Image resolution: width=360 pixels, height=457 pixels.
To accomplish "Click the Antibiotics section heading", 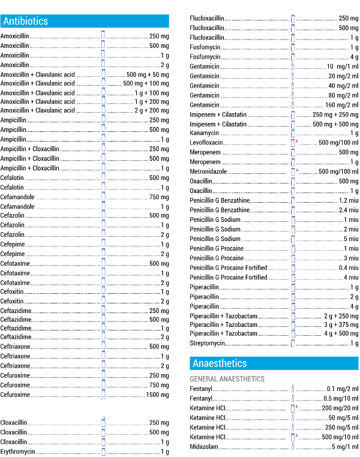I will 25,22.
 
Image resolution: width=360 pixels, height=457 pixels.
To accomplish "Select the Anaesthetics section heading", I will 220,363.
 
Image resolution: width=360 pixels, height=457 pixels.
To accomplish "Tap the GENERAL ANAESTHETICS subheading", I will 226,379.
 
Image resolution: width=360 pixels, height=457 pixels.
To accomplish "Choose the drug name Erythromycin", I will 18,451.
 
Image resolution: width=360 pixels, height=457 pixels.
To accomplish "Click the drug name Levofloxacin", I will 206,143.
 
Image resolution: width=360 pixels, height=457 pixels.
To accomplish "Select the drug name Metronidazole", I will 208,172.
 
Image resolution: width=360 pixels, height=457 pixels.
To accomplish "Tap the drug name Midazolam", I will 204,447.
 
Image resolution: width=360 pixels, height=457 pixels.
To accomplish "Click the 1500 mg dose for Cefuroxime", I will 157,395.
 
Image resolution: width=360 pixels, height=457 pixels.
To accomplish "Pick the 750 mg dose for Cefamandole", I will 159,197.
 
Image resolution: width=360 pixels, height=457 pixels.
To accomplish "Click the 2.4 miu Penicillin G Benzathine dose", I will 349,210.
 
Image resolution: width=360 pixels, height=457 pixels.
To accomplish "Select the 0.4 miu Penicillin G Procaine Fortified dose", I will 349,267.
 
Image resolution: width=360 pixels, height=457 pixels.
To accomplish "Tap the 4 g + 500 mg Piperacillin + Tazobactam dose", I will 341,333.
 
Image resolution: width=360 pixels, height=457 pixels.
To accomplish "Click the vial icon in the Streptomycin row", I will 293,343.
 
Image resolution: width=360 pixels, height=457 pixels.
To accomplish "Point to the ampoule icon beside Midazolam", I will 293,447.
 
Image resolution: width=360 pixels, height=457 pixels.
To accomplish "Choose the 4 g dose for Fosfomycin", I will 354,57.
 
